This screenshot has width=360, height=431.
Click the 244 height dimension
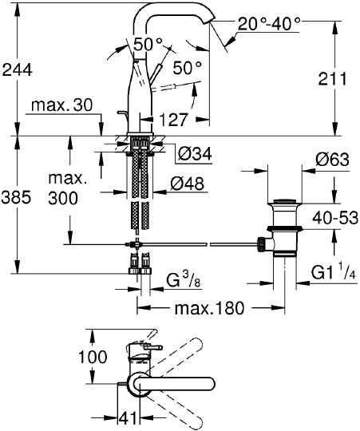pos(18,70)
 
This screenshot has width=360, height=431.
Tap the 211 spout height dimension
pos(333,79)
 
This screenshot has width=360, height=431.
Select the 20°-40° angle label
pos(269,24)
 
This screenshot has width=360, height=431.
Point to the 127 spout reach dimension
pos(173,120)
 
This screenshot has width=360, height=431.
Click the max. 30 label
pos(62,105)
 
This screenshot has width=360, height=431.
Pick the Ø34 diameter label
pos(195,153)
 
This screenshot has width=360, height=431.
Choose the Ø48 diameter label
pos(187,184)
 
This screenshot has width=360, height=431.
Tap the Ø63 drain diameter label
pos(332,159)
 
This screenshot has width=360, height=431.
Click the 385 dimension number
pos(16,197)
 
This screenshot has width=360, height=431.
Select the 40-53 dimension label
pos(335,218)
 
